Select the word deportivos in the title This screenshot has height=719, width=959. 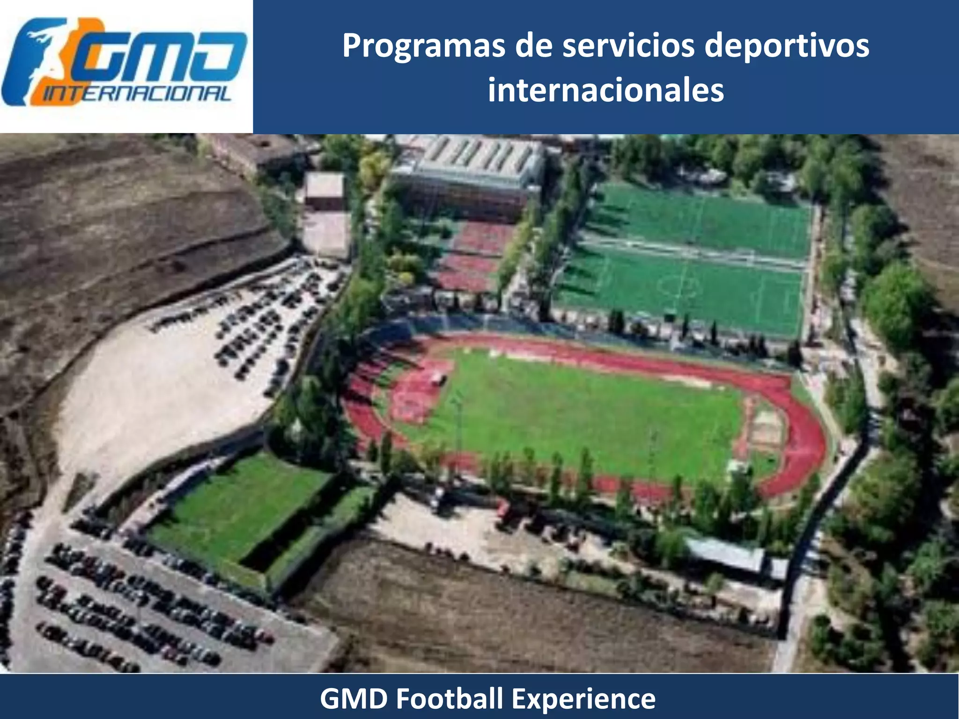[x=787, y=46]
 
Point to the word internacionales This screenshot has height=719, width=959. [x=606, y=90]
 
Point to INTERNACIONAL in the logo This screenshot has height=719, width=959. [x=138, y=95]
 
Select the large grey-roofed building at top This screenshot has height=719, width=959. [x=468, y=173]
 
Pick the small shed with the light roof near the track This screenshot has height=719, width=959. [x=726, y=555]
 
